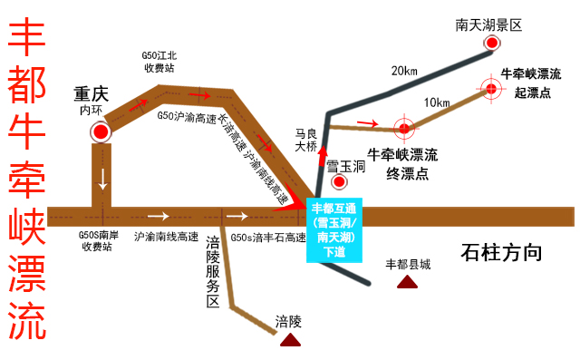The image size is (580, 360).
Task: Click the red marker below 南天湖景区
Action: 491,44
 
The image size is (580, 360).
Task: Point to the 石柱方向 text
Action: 500,252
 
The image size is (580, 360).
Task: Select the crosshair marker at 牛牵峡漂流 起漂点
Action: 491,89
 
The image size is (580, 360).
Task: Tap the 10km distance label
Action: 437,102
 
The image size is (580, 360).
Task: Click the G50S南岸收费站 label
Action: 96,240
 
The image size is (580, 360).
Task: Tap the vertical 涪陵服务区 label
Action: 214,272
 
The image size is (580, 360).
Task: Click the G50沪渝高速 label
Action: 187,117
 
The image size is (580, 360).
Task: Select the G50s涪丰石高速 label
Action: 267,238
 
